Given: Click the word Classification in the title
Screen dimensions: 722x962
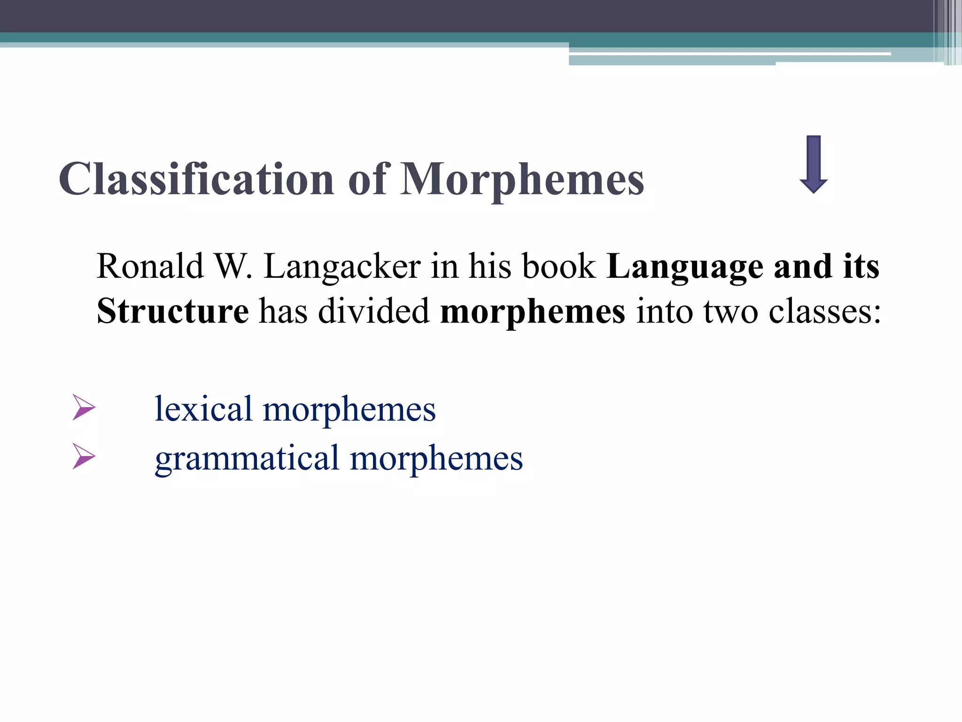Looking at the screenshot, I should (x=196, y=179).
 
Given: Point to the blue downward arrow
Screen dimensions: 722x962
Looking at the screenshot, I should (x=813, y=165).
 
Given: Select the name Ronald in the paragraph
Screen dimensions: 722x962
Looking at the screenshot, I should (x=150, y=267).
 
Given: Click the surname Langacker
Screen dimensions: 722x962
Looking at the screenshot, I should (x=342, y=267).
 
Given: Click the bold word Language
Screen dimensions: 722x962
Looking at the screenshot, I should (x=685, y=267).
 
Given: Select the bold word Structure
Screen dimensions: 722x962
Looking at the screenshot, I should (x=173, y=311).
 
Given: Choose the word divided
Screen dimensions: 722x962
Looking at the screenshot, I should (x=373, y=311).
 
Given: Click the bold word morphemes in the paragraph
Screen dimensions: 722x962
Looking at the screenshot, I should (x=533, y=311).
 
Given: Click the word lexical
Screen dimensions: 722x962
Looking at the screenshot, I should (x=203, y=409).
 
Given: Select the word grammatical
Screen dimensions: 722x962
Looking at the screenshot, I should (x=247, y=458).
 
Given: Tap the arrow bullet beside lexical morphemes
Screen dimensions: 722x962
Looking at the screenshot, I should (x=84, y=408).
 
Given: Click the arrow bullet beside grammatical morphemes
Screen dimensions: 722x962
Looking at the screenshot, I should (x=84, y=456).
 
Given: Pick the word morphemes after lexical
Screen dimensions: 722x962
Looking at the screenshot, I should (x=349, y=409).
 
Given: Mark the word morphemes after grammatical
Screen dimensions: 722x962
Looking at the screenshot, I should (x=436, y=458).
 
